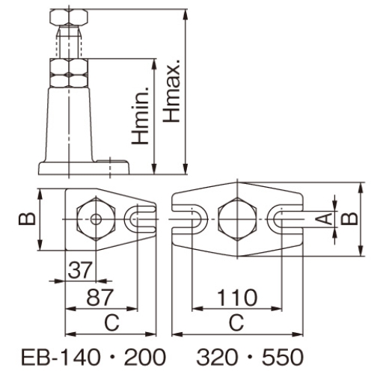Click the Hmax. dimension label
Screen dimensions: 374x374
tap(171, 91)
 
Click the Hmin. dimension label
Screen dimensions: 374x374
tap(141, 115)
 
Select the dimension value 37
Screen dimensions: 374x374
tap(80, 270)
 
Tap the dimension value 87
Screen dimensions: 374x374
tap(100, 298)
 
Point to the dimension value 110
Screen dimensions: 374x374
tap(237, 298)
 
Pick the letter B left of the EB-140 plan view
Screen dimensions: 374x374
tap(27, 219)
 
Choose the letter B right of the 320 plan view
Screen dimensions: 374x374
tap(349, 219)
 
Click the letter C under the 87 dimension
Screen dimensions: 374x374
tap(111, 322)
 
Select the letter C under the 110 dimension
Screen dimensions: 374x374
tap(236, 322)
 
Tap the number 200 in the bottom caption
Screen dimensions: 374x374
tap(145, 357)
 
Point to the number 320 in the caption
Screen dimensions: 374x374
tap(217, 357)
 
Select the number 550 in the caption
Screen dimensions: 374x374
tap(283, 357)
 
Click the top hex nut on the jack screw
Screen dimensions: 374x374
tap(69, 16)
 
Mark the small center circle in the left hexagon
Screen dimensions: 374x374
tap(96, 219)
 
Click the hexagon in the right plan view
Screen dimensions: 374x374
tap(237, 219)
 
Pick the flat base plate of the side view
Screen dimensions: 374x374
tap(84, 168)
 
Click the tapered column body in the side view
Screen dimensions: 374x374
tap(69, 125)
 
